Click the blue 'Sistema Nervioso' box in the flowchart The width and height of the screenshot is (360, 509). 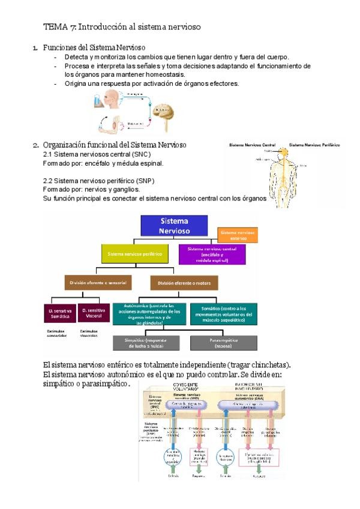pos(174,224)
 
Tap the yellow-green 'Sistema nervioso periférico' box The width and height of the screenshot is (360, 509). pos(134,254)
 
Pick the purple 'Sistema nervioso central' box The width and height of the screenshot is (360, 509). pos(212,254)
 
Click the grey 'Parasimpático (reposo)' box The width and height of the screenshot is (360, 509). pos(223,343)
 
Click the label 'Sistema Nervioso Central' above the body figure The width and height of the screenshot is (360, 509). pos(253,145)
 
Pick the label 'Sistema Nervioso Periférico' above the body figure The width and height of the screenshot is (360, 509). pos(314,145)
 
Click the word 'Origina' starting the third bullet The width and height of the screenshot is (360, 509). pos(76,83)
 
